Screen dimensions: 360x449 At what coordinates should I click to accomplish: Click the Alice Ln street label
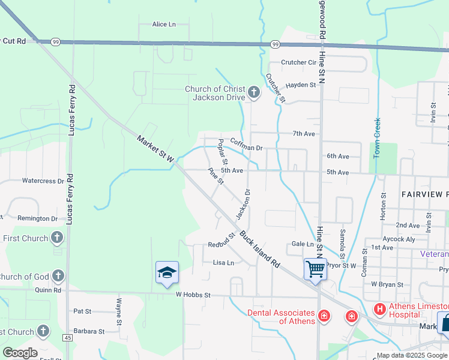(164, 25)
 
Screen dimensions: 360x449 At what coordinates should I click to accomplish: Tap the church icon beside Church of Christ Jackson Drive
(254, 92)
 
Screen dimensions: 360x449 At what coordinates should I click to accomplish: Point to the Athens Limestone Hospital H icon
(379, 310)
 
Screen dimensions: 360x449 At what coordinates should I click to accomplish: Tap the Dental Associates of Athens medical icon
(324, 315)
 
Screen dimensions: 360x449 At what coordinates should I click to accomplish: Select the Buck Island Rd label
(260, 249)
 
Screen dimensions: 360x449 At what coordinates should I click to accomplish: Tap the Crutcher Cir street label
(298, 62)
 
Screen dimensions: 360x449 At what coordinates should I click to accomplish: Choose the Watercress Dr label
(43, 181)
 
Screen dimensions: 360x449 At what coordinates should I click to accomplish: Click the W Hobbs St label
(193, 295)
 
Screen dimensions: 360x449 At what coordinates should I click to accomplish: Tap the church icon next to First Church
(58, 238)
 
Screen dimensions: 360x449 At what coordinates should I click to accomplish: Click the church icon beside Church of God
(58, 276)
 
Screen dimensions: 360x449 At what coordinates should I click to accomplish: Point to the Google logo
(20, 353)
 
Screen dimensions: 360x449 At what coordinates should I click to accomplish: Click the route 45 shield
(67, 338)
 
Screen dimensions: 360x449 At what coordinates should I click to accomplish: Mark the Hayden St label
(301, 85)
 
